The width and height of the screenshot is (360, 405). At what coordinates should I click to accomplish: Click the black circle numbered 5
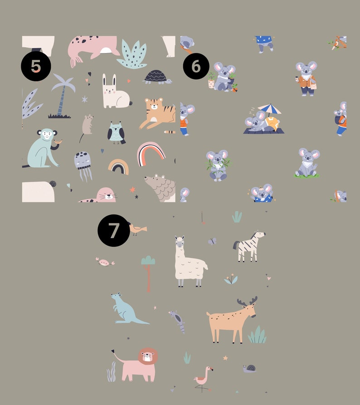click(36, 66)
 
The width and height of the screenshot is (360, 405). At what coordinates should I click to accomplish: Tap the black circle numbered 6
click(196, 66)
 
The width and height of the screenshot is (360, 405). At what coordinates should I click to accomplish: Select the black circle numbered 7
click(114, 230)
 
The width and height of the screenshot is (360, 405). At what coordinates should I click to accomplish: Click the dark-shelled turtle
click(157, 77)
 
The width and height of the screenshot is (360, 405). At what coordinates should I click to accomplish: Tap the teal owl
click(116, 133)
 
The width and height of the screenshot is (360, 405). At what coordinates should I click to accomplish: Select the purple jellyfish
click(83, 165)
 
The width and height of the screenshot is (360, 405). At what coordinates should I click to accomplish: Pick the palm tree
click(62, 96)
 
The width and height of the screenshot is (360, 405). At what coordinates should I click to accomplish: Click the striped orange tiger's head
click(154, 105)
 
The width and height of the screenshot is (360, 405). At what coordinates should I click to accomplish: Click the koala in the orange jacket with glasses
click(306, 79)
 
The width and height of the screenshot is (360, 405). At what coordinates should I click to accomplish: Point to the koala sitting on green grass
click(307, 163)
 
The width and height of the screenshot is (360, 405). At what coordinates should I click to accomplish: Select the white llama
click(190, 261)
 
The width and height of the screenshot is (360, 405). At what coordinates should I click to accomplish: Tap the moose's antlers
click(248, 301)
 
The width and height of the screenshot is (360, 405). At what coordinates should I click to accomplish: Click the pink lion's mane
click(148, 356)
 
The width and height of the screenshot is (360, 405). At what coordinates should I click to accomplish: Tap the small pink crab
click(105, 262)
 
